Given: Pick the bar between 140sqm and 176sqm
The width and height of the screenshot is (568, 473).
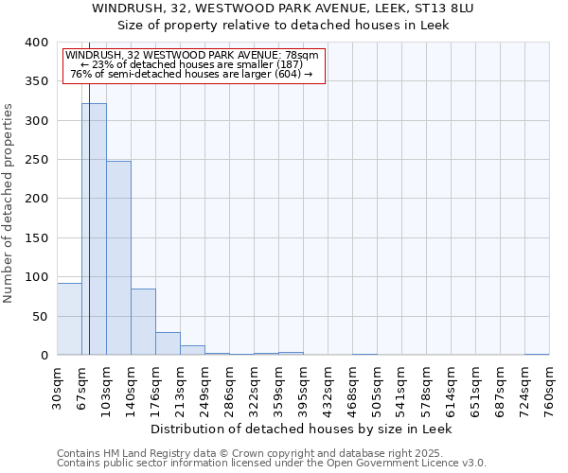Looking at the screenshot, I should click(143, 322).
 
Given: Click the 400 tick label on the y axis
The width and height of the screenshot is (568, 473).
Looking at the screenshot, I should click(36, 43).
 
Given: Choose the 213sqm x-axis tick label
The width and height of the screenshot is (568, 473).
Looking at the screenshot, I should click(180, 387).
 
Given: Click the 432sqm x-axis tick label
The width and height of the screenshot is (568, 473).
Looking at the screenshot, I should click(328, 387).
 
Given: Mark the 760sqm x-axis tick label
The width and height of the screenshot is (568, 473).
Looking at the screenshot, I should click(549, 387).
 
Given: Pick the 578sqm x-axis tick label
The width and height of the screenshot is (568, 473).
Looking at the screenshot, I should click(426, 387).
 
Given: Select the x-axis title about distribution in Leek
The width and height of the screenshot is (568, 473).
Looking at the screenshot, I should click(302, 429).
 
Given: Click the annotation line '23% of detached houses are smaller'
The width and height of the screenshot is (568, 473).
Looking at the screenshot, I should click(194, 64).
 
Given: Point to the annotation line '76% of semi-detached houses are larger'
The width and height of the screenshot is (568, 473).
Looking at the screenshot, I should click(191, 74).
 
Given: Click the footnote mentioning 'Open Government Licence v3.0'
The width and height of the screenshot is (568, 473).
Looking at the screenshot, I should click(272, 464).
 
